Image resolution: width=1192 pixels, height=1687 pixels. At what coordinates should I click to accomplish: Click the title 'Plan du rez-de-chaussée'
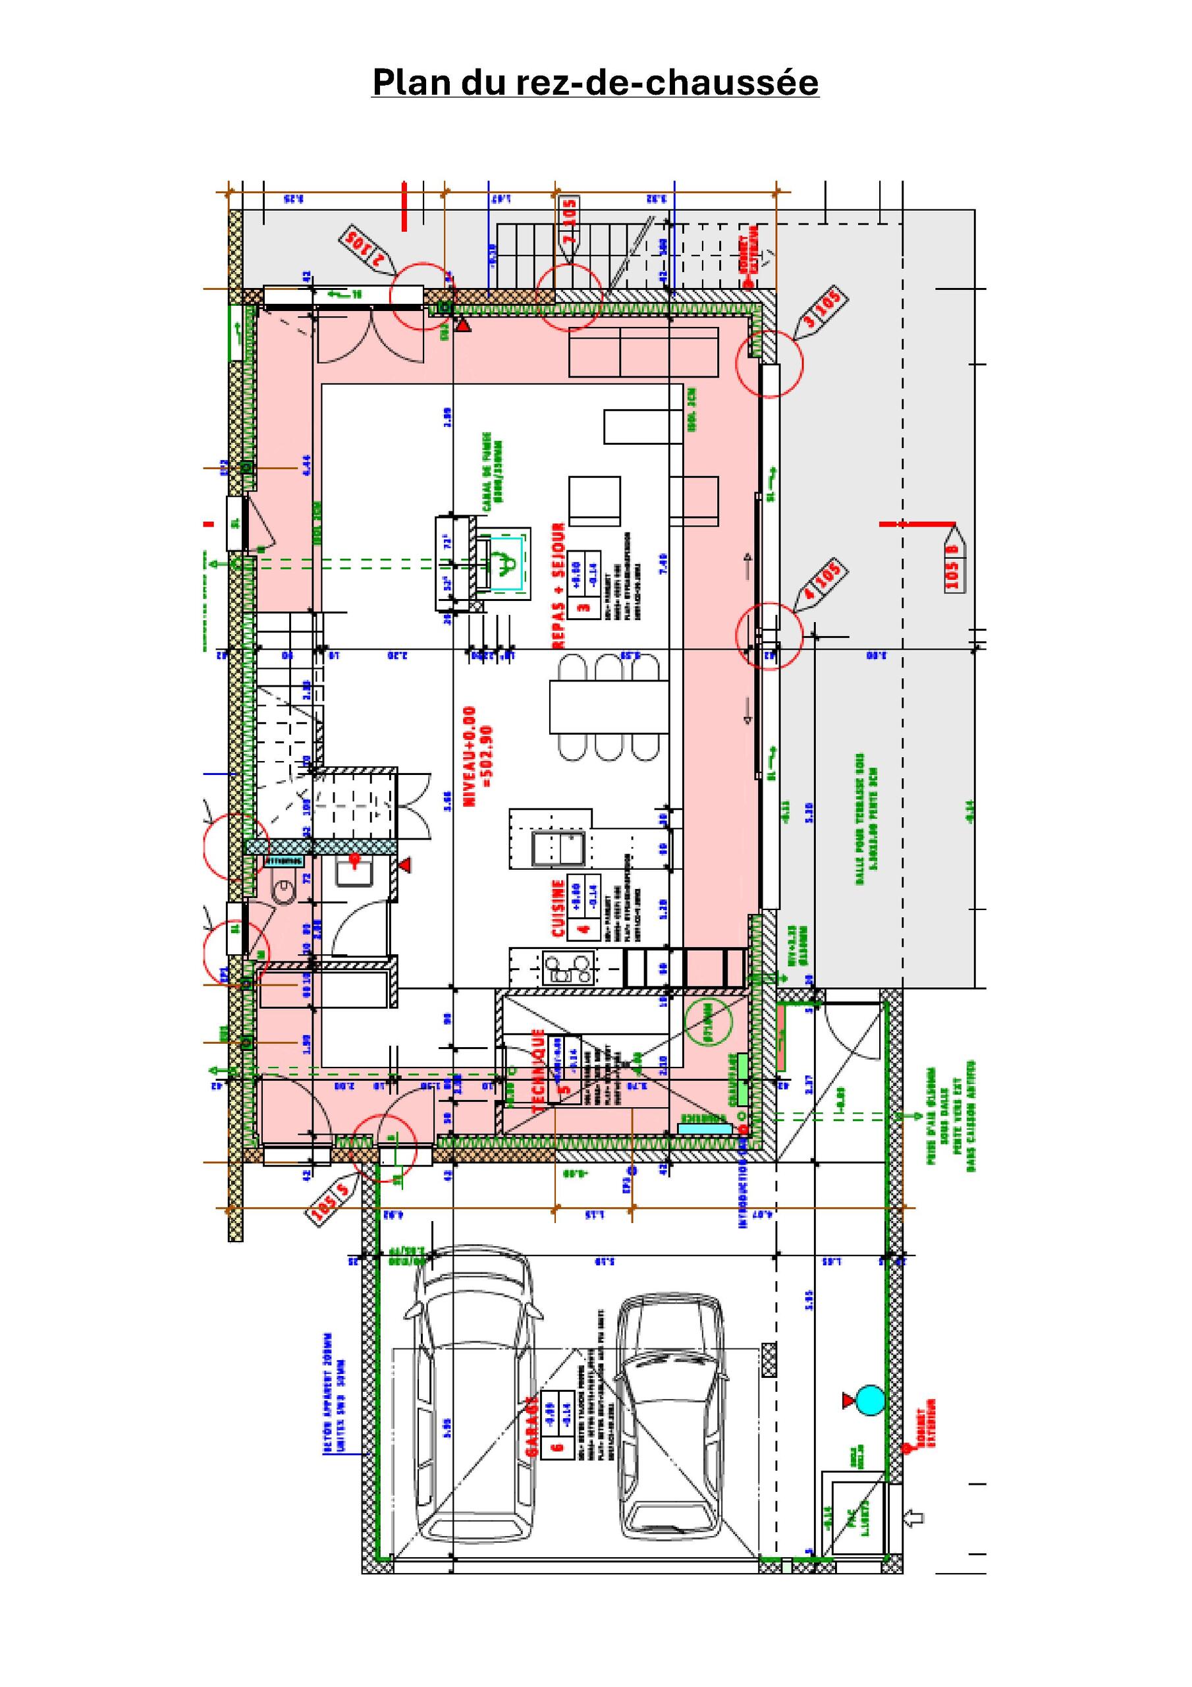pos(595,82)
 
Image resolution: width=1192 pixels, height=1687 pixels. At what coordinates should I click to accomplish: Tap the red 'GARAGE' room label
pos(531,1425)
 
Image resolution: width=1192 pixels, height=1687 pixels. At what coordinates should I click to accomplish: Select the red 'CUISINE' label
pos(559,908)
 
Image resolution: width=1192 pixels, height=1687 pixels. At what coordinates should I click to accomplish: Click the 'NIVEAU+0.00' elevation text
pos(470,757)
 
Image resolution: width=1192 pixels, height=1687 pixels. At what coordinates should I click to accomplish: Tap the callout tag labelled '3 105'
pos(821,313)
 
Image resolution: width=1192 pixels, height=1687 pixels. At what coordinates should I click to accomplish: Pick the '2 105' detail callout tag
pos(367,250)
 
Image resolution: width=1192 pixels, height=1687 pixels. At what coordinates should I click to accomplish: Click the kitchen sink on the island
pos(558,848)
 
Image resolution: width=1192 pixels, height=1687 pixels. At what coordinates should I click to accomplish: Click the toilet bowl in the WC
pos(283,893)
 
